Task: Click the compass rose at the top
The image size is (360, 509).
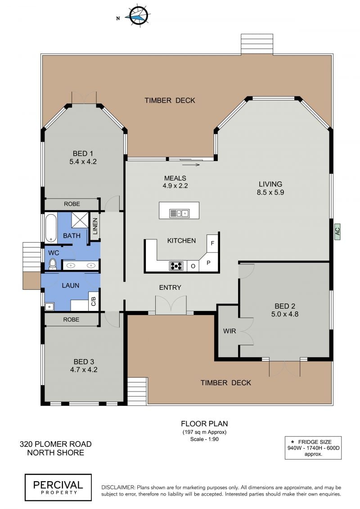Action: pyautogui.click(x=139, y=15)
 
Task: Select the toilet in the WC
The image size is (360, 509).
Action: pyautogui.click(x=52, y=264)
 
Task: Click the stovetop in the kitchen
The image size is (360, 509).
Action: pyautogui.click(x=176, y=266)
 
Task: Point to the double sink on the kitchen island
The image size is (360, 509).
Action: pyautogui.click(x=179, y=213)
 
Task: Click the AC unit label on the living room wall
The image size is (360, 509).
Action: pyautogui.click(x=337, y=231)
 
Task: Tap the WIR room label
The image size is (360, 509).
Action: pyautogui.click(x=229, y=331)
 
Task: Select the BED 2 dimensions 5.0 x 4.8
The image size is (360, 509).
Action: pyautogui.click(x=285, y=314)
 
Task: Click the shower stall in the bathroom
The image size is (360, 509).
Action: pyautogui.click(x=80, y=220)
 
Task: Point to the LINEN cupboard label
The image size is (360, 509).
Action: pyautogui.click(x=95, y=226)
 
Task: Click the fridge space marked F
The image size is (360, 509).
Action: pyautogui.click(x=212, y=243)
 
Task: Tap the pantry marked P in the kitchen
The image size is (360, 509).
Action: pyautogui.click(x=208, y=263)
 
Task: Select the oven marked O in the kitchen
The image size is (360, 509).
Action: pyautogui.click(x=193, y=266)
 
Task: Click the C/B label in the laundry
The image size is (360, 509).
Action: pyautogui.click(x=94, y=301)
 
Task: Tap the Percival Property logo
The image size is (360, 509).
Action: pyautogui.click(x=58, y=487)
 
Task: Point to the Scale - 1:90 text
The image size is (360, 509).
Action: pyautogui.click(x=204, y=439)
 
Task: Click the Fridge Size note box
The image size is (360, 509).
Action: pyautogui.click(x=313, y=448)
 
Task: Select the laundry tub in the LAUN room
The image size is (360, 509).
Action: pyautogui.click(x=49, y=306)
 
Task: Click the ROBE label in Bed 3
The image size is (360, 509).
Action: pyautogui.click(x=71, y=320)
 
